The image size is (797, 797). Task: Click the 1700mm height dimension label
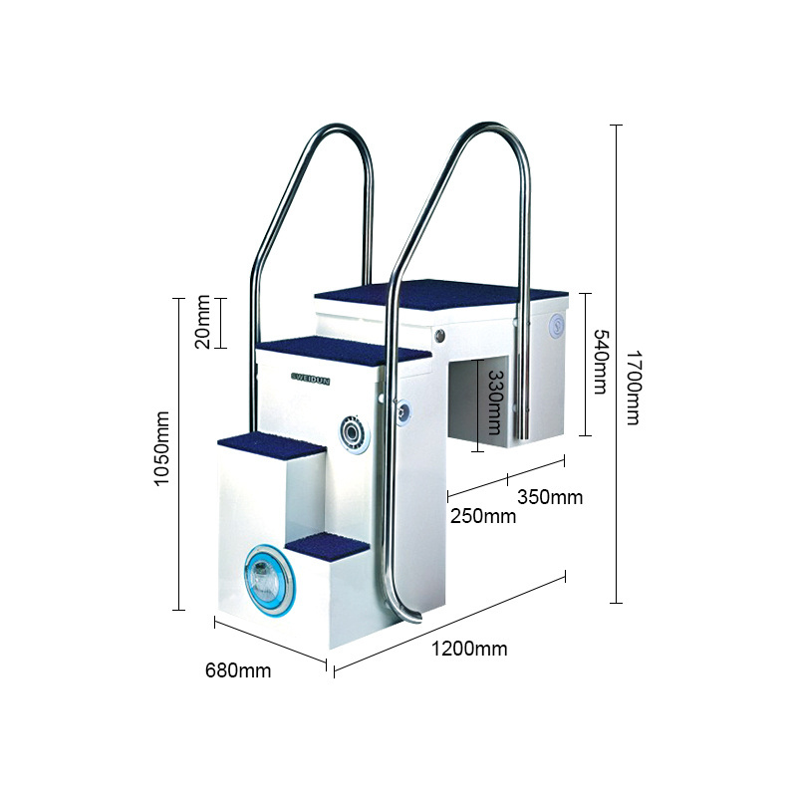(633, 388)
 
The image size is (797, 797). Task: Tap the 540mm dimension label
(601, 362)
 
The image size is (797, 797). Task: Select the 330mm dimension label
(494, 402)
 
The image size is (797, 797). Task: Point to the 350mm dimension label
(550, 496)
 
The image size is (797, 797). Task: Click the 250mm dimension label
(483, 516)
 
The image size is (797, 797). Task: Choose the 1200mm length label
(469, 650)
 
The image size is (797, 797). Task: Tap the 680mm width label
(238, 670)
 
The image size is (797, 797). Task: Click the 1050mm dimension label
(161, 449)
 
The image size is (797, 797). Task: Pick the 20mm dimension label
(202, 321)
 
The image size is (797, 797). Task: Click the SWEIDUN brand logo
(310, 379)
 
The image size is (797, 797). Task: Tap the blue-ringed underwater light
(268, 579)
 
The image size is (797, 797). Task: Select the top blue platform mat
(440, 296)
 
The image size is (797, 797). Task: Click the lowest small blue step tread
(328, 547)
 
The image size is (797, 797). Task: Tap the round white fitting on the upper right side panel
(557, 326)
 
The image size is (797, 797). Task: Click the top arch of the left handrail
(337, 132)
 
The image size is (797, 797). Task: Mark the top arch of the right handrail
(489, 131)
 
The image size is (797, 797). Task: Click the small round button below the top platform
(439, 336)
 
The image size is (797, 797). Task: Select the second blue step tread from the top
(344, 350)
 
